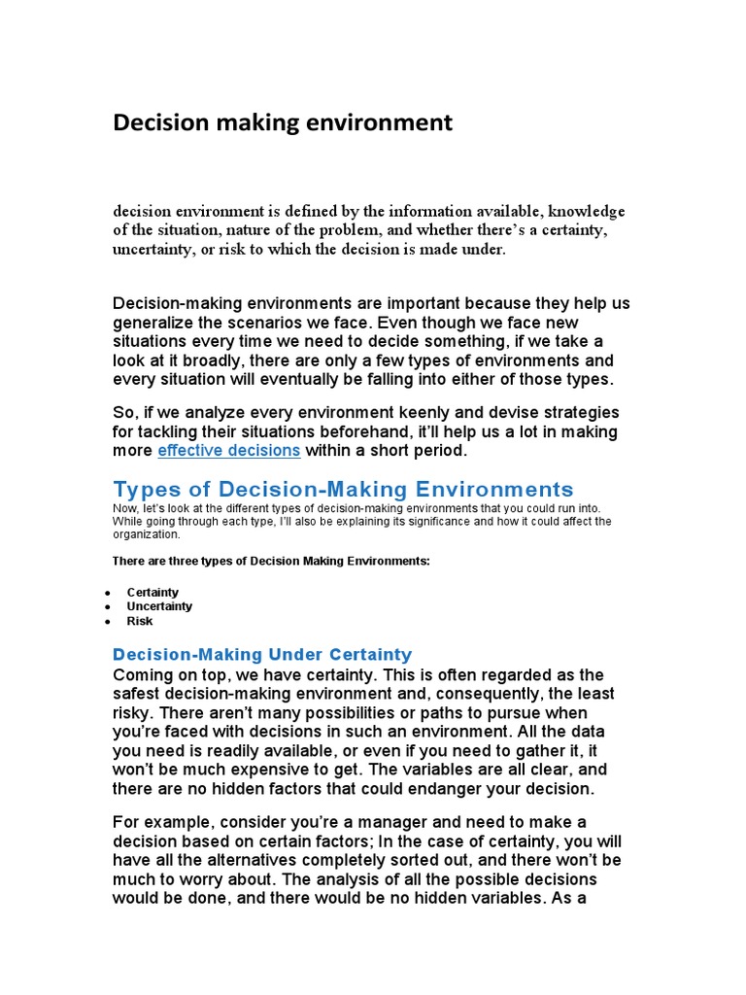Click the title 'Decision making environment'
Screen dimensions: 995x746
pyautogui.click(x=283, y=122)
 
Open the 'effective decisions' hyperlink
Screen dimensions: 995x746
pyautogui.click(x=229, y=451)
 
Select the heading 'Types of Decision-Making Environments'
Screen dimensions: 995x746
pyautogui.click(x=343, y=489)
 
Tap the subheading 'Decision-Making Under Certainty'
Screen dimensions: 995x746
pyautogui.click(x=262, y=654)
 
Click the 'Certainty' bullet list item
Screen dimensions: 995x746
pyautogui.click(x=153, y=592)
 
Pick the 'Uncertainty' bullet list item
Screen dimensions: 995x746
pyautogui.click(x=159, y=606)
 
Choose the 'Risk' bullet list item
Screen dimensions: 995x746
pyautogui.click(x=140, y=621)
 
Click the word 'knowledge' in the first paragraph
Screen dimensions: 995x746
pyautogui.click(x=586, y=211)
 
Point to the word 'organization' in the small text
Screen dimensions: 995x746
pyautogui.click(x=146, y=533)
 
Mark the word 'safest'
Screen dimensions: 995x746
pyautogui.click(x=141, y=694)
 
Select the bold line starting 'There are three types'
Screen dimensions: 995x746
pyautogui.click(x=271, y=562)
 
